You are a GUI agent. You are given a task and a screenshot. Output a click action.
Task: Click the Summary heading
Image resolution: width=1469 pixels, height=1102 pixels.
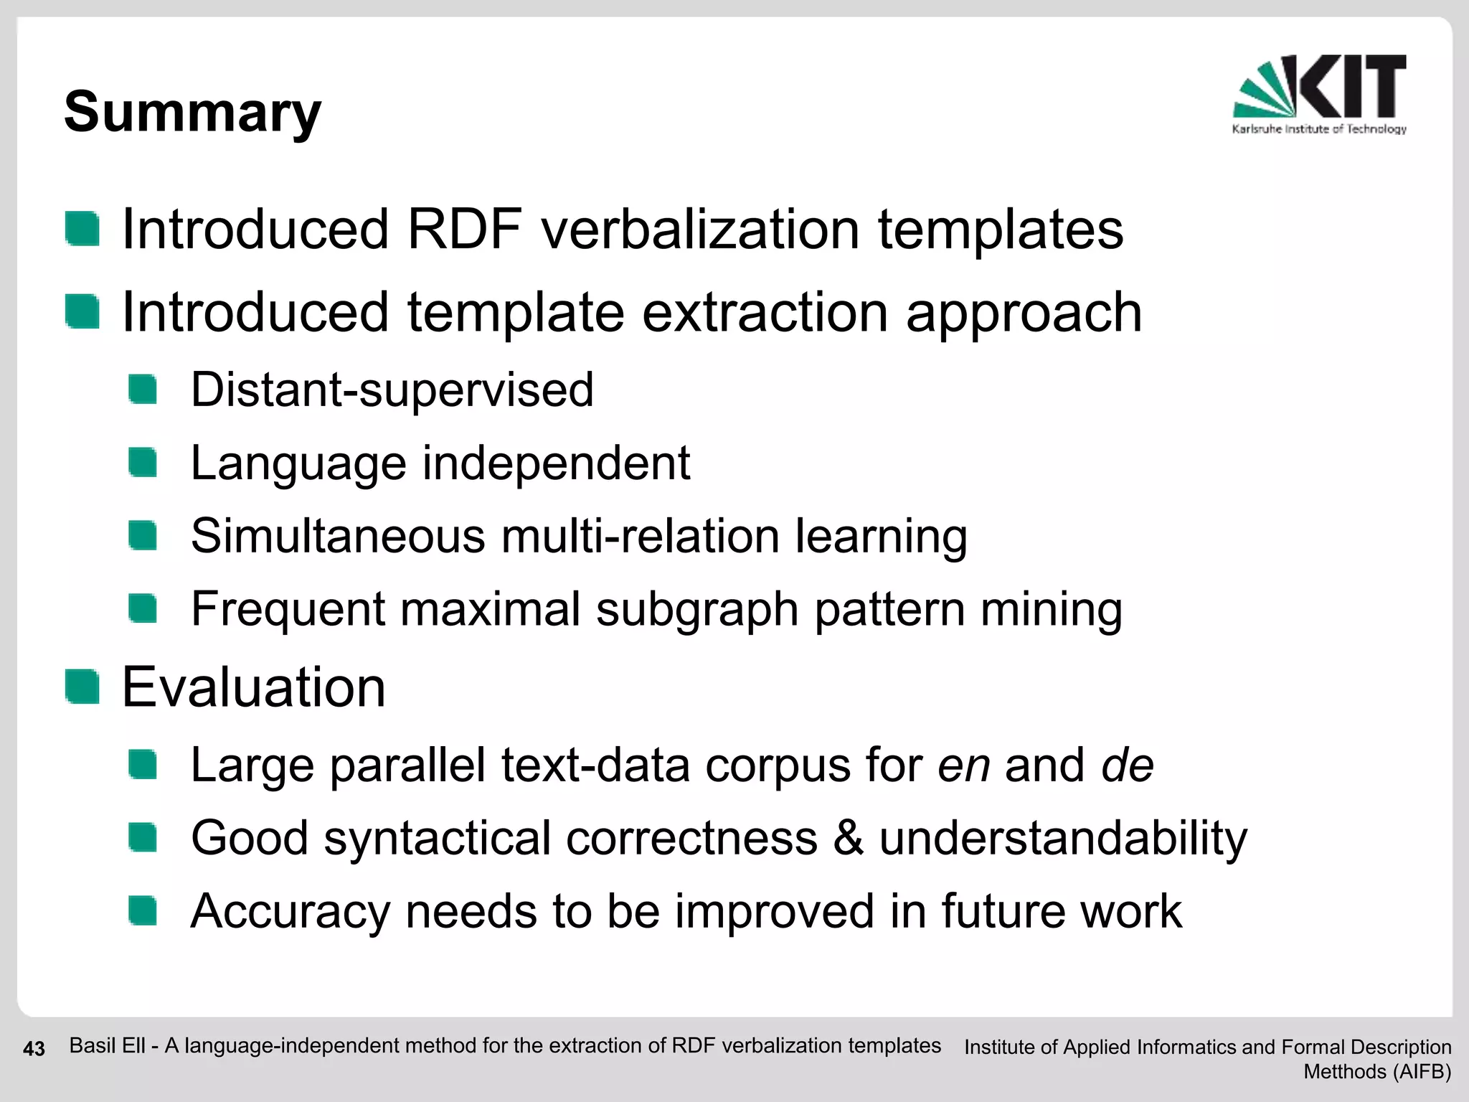click(x=192, y=113)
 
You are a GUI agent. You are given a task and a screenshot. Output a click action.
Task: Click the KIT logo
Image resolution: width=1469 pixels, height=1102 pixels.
click(x=1320, y=87)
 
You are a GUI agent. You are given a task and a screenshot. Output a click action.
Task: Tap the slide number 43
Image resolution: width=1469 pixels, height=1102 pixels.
click(x=34, y=1049)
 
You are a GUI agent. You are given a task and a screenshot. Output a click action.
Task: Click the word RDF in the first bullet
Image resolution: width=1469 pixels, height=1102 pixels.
click(x=464, y=230)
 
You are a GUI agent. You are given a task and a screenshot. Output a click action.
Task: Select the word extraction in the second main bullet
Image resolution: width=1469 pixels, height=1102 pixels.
click(x=765, y=313)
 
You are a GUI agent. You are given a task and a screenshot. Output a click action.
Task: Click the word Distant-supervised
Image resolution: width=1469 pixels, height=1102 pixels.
click(x=392, y=390)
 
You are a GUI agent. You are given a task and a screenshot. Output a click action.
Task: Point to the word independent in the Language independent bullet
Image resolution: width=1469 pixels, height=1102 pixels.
click(x=556, y=463)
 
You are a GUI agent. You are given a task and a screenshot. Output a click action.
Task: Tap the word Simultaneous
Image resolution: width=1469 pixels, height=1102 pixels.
click(x=338, y=536)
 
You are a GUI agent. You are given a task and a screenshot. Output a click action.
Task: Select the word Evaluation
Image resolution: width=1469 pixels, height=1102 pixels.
click(x=254, y=687)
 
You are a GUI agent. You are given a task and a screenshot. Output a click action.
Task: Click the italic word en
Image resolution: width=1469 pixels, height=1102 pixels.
click(x=963, y=765)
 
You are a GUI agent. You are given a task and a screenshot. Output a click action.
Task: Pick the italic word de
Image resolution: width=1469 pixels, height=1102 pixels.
click(x=1127, y=765)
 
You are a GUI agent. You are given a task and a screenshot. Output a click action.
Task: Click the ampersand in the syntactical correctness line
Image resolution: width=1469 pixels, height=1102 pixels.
click(x=848, y=838)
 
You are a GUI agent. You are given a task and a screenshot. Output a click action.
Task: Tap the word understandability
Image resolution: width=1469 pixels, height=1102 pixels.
click(x=1063, y=838)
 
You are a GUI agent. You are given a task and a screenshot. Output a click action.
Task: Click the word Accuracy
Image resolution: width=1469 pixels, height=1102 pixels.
click(x=290, y=911)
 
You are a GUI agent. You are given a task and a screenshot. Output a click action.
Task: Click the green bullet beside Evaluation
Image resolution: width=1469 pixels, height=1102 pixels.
click(x=82, y=687)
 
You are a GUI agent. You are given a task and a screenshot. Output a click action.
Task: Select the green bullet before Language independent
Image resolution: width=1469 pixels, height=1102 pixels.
click(x=143, y=462)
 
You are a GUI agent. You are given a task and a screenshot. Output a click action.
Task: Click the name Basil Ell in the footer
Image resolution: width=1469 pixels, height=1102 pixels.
click(x=107, y=1046)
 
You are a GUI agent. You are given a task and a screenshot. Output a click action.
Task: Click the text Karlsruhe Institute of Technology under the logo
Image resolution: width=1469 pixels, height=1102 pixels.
click(x=1319, y=129)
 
